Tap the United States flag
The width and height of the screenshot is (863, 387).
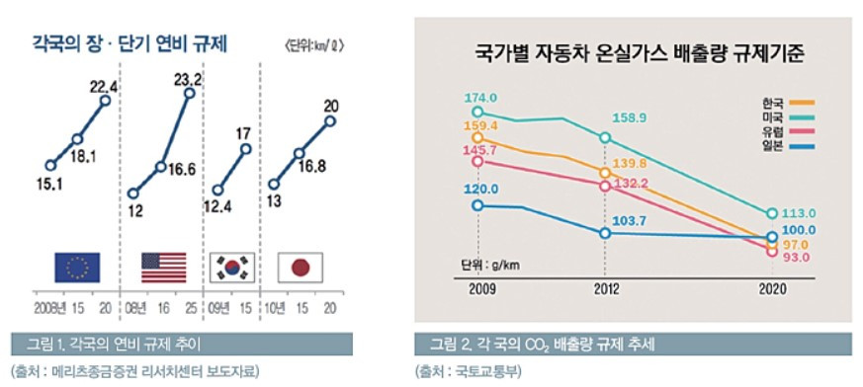163,267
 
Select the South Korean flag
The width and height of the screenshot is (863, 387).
234,267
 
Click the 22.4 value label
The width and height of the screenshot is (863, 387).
104,86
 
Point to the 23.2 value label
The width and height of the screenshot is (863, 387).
188,78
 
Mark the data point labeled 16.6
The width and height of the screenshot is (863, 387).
160,167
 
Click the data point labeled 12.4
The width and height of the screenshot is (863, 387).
218,191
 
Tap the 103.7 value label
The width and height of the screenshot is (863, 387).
631,220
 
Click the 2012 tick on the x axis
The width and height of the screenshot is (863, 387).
606,289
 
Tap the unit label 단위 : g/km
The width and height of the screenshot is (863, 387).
493,265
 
